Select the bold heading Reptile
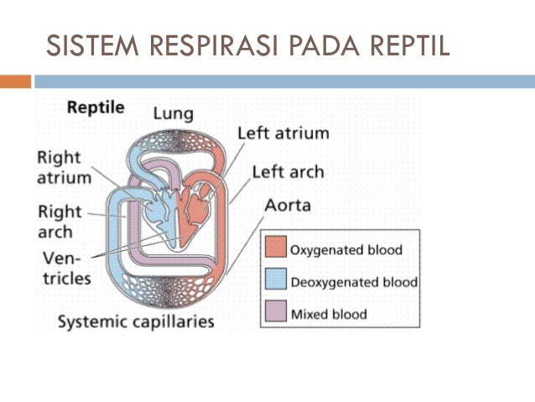point(96,108)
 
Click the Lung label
point(173,112)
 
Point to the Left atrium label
point(283,133)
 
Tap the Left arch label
point(288,172)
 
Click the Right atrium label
point(63,167)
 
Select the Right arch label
point(60,222)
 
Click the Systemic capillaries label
point(135,321)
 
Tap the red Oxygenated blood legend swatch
point(276,249)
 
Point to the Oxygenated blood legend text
point(345,250)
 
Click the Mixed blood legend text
point(329,314)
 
